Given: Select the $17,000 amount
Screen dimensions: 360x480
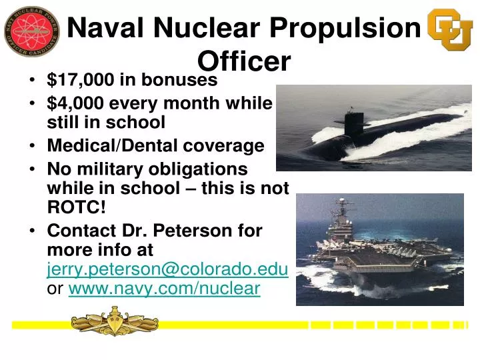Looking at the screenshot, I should pos(81,81).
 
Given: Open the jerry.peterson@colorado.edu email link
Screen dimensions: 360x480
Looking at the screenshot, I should pos(167,270).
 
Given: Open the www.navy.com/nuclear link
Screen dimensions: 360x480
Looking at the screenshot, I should pos(164,289).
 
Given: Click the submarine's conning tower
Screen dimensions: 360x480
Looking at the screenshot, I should pos(353,121).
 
